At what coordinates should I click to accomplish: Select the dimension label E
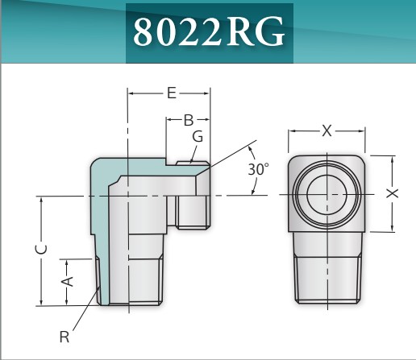pos(171,93)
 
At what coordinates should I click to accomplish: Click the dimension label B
pos(188,121)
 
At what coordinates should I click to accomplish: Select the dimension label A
pos(69,281)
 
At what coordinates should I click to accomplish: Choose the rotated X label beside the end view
pos(391,194)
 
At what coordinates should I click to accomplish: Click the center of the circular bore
pos(327,194)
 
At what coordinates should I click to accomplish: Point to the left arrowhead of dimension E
pos(131,93)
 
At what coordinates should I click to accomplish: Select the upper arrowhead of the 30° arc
pos(251,150)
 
